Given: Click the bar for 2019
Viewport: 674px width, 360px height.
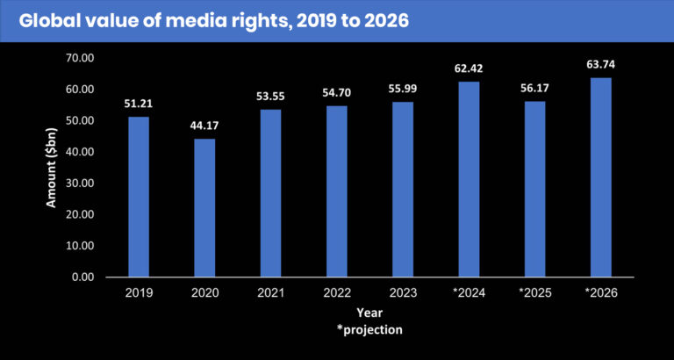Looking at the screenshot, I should (x=139, y=197).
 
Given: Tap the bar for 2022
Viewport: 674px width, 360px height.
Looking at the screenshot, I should (x=337, y=191).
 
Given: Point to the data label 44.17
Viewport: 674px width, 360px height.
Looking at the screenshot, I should (x=204, y=126).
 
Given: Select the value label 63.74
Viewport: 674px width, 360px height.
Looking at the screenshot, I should (x=601, y=64).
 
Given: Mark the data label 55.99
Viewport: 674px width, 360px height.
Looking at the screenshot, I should (x=403, y=89).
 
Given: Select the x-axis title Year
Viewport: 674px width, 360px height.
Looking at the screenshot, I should (x=369, y=313).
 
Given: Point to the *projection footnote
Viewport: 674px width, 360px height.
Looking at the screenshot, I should (x=369, y=329).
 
